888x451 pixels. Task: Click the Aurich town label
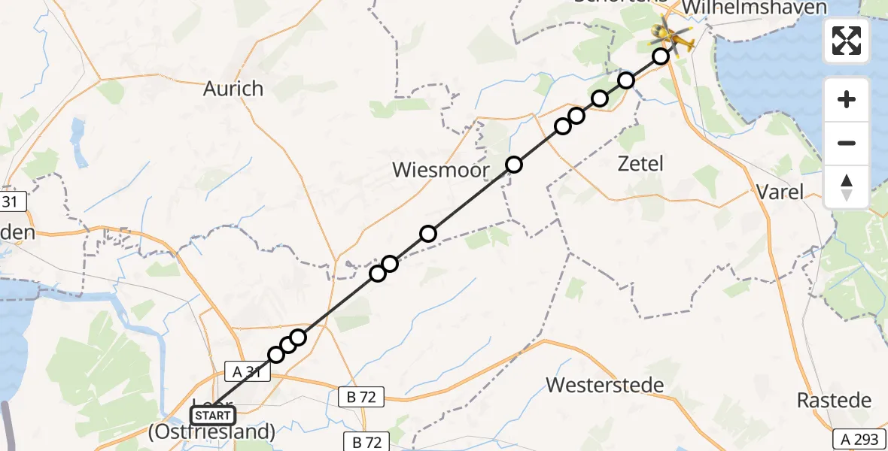pos(233,89)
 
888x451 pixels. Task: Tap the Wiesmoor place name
pos(441,171)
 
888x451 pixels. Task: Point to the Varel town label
pos(780,191)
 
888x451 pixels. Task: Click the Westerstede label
pos(605,386)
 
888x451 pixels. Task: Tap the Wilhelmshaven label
pos(754,8)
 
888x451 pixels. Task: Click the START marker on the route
pos(214,415)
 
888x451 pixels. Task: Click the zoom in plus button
pos(847,99)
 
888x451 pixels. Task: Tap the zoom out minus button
pos(847,143)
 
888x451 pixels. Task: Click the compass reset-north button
pos(847,186)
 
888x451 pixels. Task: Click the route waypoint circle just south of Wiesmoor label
pos(427,234)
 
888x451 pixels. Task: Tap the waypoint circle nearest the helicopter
pos(660,56)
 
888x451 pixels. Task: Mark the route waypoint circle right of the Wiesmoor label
pos(513,165)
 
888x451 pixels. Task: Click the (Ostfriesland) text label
pos(212,432)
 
